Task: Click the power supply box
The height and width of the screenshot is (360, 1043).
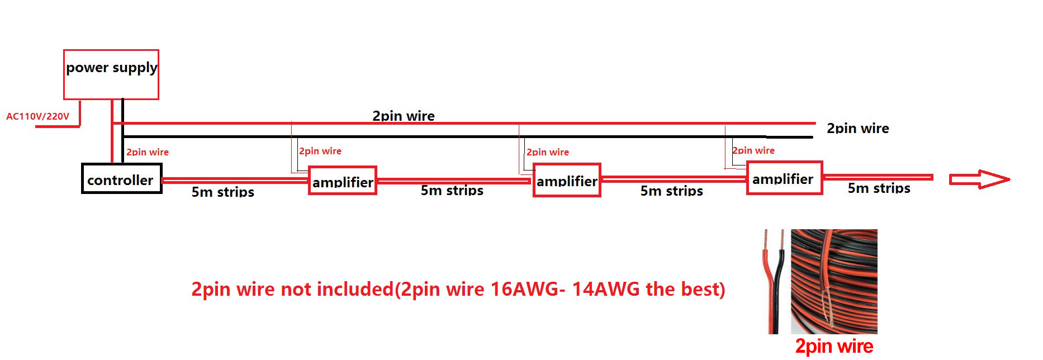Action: (111, 74)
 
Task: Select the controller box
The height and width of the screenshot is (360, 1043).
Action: (121, 179)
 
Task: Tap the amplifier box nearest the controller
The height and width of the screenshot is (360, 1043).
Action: (343, 181)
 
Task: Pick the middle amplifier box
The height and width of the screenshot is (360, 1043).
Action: (567, 180)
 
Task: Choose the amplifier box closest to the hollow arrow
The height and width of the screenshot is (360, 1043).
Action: (784, 178)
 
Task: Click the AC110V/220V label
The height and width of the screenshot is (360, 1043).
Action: (37, 116)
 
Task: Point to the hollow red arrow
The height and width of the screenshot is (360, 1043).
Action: (979, 179)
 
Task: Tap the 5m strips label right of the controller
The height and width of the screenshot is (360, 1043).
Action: (222, 192)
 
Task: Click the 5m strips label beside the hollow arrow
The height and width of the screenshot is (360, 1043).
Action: (879, 188)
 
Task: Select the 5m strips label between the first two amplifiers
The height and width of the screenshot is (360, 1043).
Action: (452, 191)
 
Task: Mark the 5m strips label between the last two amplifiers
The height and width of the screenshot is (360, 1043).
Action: (671, 191)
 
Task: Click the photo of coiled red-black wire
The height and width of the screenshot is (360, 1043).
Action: (834, 281)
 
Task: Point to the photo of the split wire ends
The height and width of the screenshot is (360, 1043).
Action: (775, 281)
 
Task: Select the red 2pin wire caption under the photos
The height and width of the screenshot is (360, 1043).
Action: (834, 347)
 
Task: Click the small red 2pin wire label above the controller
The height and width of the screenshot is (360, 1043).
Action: (147, 152)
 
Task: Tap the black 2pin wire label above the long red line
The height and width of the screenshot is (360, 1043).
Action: (403, 116)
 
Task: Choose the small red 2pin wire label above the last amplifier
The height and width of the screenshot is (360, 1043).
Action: (753, 150)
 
